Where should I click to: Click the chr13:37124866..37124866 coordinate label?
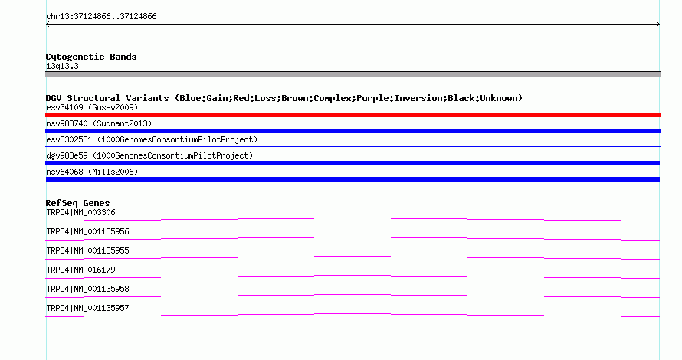pyautogui.click(x=101, y=17)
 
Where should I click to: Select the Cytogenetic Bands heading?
pyautogui.click(x=91, y=57)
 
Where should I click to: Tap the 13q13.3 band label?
pyautogui.click(x=62, y=66)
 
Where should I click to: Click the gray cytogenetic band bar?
pyautogui.click(x=352, y=74)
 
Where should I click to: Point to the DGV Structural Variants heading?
pyautogui.click(x=284, y=98)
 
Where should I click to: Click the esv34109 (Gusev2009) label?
pyautogui.click(x=92, y=107)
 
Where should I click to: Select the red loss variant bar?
pyautogui.click(x=352, y=115)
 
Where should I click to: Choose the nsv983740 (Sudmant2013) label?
pyautogui.click(x=99, y=123)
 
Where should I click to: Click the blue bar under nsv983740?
pyautogui.click(x=352, y=131)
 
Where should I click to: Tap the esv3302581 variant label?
pyautogui.click(x=152, y=139)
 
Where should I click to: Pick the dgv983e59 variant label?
pyautogui.click(x=149, y=155)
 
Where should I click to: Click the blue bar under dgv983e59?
pyautogui.click(x=352, y=163)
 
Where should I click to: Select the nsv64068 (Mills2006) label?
pyautogui.click(x=92, y=172)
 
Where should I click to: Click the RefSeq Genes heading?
pyautogui.click(x=78, y=203)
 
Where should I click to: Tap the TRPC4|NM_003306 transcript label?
pyautogui.click(x=81, y=213)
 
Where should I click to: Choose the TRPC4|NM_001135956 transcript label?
pyautogui.click(x=88, y=232)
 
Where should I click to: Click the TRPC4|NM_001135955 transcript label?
pyautogui.click(x=88, y=251)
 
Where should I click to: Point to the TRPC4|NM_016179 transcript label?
pyautogui.click(x=81, y=270)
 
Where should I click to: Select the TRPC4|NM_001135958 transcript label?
pyautogui.click(x=88, y=289)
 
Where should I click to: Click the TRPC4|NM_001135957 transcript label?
pyautogui.click(x=88, y=308)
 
